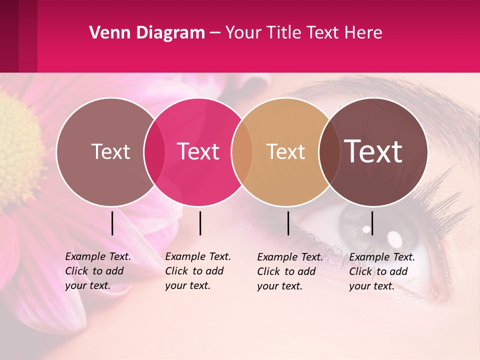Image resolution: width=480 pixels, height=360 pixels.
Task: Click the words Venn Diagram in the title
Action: pyautogui.click(x=147, y=33)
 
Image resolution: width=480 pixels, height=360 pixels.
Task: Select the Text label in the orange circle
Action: pyautogui.click(x=285, y=152)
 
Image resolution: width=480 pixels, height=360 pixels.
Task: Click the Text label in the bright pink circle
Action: pyautogui.click(x=198, y=152)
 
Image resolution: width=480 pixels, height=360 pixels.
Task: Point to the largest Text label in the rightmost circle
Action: pyautogui.click(x=373, y=151)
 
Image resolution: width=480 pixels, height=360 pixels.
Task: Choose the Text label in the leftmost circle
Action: pyautogui.click(x=110, y=152)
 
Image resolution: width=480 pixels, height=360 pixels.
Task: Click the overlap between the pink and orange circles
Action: pyautogui.click(x=242, y=152)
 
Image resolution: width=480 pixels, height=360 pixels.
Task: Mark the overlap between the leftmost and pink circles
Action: pyautogui.click(x=154, y=152)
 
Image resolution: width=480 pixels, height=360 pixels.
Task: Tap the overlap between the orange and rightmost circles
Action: pyautogui.click(x=328, y=152)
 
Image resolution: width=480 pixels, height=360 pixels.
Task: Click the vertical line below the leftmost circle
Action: pyautogui.click(x=112, y=223)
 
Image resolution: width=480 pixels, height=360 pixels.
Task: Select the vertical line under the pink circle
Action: pyautogui.click(x=200, y=223)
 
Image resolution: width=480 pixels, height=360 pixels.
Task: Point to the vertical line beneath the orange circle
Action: pyautogui.click(x=288, y=223)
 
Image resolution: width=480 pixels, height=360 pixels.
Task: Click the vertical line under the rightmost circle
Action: pyautogui.click(x=372, y=223)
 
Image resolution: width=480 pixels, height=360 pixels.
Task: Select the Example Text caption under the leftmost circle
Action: pyautogui.click(x=97, y=271)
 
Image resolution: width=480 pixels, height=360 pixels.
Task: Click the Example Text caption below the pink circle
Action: pyautogui.click(x=197, y=271)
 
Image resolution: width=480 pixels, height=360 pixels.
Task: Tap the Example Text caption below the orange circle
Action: pyautogui.click(x=289, y=271)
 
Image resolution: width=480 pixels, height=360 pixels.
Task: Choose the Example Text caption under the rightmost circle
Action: pyautogui.click(x=381, y=271)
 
